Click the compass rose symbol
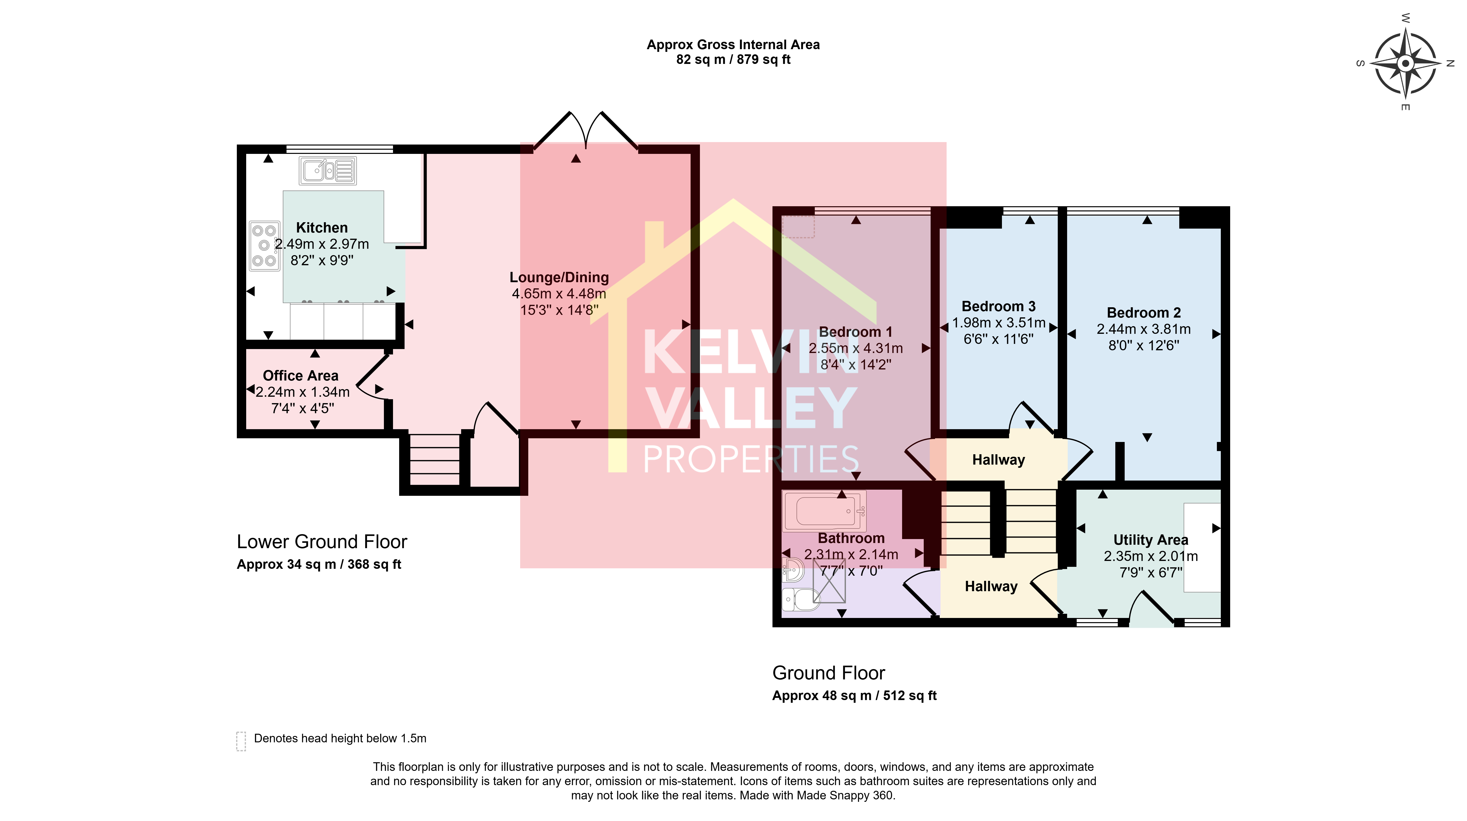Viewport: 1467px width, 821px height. [1405, 63]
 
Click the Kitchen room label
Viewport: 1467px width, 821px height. [322, 228]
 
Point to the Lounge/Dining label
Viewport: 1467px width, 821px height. [559, 277]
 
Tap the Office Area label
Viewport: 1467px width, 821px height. [301, 376]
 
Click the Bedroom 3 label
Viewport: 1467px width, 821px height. [998, 306]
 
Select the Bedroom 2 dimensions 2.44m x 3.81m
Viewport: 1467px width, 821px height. [1144, 329]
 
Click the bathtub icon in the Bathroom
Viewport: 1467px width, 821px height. [824, 511]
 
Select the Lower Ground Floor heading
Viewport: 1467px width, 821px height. [322, 542]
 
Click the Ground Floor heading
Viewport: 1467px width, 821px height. [829, 673]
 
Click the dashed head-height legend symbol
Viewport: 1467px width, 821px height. [241, 741]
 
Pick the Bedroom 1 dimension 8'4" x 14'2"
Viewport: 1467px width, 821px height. [856, 364]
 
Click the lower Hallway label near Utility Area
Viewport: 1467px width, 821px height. [991, 586]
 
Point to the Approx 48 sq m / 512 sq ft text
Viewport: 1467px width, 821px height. [854, 696]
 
